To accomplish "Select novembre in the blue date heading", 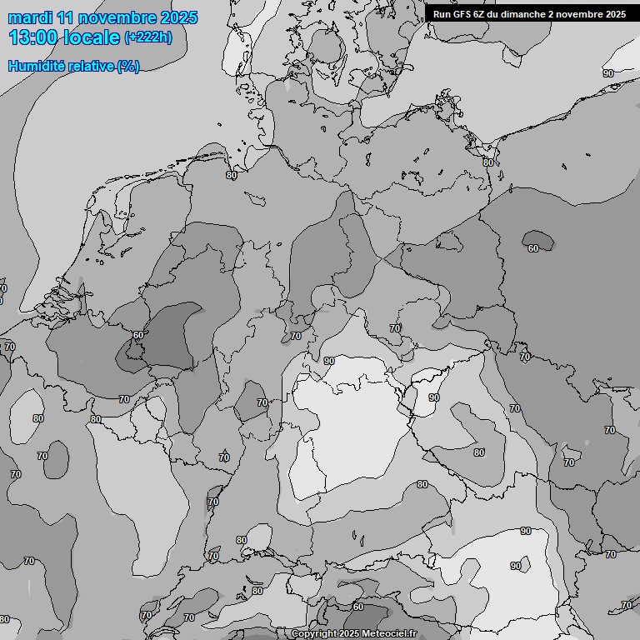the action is pos(117,17).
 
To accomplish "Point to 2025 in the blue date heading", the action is pos(178,17).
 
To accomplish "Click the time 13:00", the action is pos(33,37).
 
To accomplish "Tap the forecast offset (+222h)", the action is pos(148,37).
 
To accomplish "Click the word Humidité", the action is pos(35,66).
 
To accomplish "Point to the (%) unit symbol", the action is pos(128,66).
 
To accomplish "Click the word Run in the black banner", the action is pos(442,13).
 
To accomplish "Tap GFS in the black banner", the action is pos(463,13).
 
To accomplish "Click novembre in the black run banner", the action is pos(577,13).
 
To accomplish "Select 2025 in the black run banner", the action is pos(614,13).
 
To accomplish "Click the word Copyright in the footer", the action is pos(314,634).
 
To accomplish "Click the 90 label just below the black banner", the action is pos(607,73).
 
